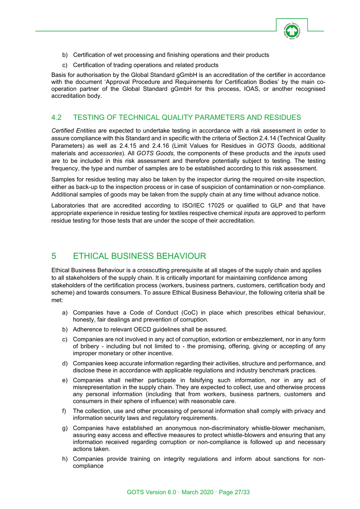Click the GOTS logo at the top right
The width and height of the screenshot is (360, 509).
[x=291, y=31]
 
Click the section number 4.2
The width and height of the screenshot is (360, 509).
[x=56, y=118]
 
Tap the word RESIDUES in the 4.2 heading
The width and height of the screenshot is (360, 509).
[x=282, y=118]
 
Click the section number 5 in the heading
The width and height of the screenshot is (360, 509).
[x=54, y=256]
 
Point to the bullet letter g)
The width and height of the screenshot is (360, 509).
[x=65, y=428]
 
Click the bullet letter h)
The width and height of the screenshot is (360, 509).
[x=65, y=459]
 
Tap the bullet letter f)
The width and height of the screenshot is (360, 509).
[x=64, y=411]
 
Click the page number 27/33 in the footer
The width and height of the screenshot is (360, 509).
[x=242, y=492]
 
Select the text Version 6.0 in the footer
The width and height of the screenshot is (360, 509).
[x=161, y=492]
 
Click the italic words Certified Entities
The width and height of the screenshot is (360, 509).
[x=74, y=131]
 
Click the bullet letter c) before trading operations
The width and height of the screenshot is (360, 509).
[x=65, y=65]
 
